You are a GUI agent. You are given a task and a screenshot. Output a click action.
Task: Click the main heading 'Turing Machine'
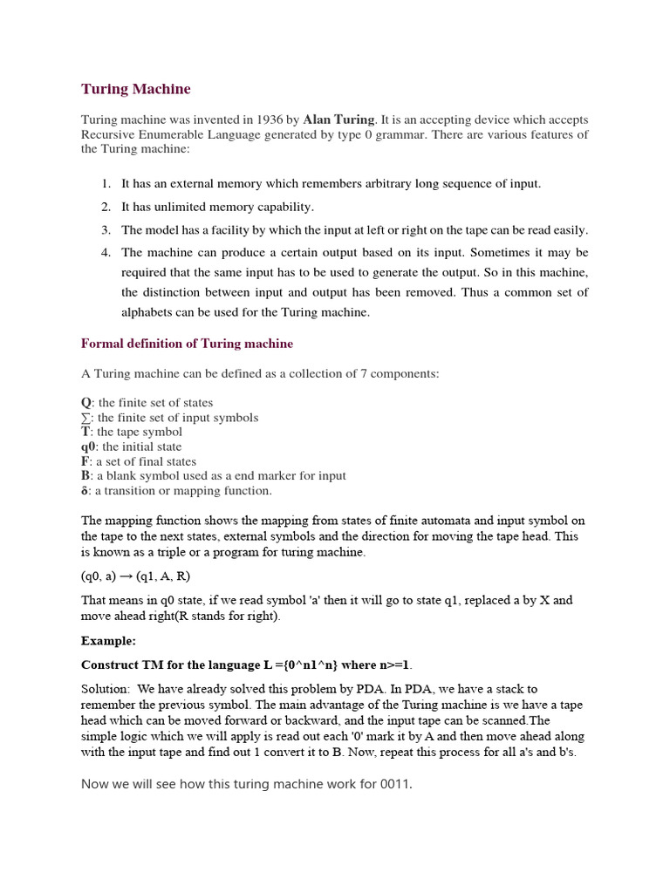[x=135, y=89]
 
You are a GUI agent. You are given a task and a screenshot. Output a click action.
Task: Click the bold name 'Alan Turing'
[x=338, y=119]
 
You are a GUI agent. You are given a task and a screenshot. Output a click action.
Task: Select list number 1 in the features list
[x=105, y=184]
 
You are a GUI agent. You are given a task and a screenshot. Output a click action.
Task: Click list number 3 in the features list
[x=105, y=230]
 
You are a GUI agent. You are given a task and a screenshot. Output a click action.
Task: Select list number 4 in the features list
[x=105, y=253]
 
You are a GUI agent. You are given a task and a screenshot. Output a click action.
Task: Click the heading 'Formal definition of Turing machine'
[x=187, y=344]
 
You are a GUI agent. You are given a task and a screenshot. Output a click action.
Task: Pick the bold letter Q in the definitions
[x=85, y=403]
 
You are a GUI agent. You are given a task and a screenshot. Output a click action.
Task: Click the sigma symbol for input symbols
[x=85, y=418]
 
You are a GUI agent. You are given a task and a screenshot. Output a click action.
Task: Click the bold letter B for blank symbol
[x=85, y=476]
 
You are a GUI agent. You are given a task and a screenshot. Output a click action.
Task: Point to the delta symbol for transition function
[x=85, y=491]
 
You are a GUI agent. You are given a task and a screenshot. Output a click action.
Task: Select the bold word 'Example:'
[x=108, y=641]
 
